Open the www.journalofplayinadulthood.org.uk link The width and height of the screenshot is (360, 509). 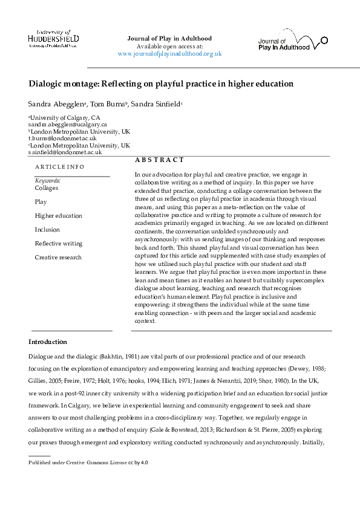tap(169, 54)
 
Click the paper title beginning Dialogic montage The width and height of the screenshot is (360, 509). tap(160, 83)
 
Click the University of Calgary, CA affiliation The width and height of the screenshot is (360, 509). tap(61, 117)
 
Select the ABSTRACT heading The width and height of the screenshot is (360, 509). tap(159, 160)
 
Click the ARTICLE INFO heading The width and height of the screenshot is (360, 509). tap(59, 167)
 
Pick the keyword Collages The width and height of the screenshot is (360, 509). tap(47, 188)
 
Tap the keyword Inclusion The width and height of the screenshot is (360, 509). tap(47, 230)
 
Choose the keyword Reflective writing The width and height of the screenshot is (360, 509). tap(58, 244)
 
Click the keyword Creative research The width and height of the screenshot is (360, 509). tap(58, 258)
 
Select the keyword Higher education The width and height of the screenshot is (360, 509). tap(58, 216)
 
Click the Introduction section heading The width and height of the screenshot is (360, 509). tap(48, 342)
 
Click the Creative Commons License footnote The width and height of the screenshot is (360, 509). tap(88, 462)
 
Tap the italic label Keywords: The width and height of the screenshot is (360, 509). tap(48, 181)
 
